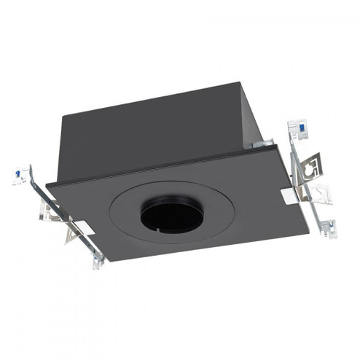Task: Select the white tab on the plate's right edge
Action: (x=289, y=196)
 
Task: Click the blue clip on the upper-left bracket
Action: (x=17, y=175)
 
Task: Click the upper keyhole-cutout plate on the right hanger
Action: (x=310, y=167)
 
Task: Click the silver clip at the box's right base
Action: (x=260, y=144)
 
